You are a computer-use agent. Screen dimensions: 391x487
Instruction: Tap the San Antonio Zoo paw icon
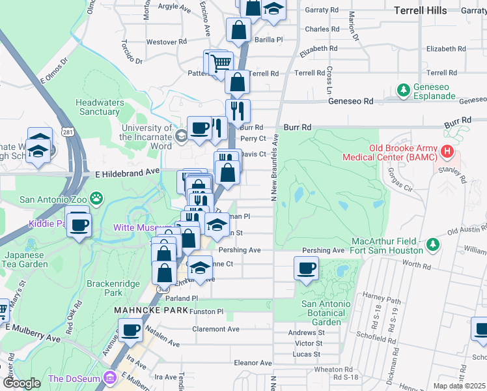(96, 197)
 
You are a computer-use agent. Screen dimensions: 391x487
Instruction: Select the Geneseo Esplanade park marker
(404, 89)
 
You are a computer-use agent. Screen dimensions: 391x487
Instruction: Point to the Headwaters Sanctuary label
(98, 107)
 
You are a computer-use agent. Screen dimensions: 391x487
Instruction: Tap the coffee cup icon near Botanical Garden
(306, 268)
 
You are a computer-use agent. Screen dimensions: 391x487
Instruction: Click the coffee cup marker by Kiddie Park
(79, 225)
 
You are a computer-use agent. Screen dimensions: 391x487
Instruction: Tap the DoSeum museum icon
(110, 379)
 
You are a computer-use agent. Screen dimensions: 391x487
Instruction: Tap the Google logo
(22, 383)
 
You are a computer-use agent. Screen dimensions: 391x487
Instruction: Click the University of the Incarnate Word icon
(181, 136)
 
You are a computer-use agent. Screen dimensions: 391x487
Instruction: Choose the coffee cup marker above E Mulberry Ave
(132, 330)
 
